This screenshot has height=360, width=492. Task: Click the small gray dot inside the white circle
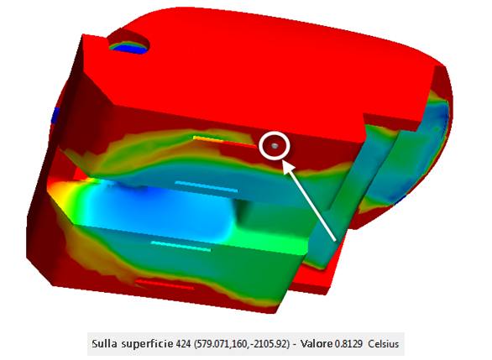[275, 146]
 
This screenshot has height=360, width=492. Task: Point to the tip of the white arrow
[283, 160]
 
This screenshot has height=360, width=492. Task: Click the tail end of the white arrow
[334, 241]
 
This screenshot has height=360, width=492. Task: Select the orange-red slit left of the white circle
[225, 142]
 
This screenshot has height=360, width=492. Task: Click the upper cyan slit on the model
[207, 186]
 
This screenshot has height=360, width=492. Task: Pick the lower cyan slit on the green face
[181, 246]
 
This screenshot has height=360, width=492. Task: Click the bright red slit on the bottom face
[165, 284]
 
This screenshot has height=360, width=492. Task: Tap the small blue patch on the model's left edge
[55, 116]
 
